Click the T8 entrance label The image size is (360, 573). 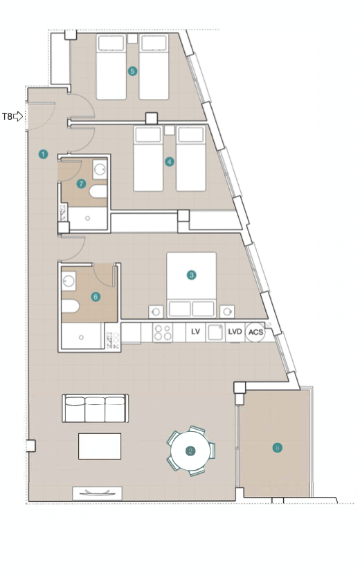pyautogui.click(x=8, y=116)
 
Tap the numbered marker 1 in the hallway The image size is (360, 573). pyautogui.click(x=43, y=154)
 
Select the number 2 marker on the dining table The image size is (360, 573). pyautogui.click(x=190, y=451)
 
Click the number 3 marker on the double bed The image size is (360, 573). pyautogui.click(x=191, y=275)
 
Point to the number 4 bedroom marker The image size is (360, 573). pyautogui.click(x=169, y=161)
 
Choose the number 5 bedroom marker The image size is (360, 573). pyautogui.click(x=132, y=71)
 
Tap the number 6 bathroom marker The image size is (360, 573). pyautogui.click(x=96, y=297)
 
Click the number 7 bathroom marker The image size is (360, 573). pyautogui.click(x=81, y=184)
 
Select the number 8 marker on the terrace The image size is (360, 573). pyautogui.click(x=278, y=448)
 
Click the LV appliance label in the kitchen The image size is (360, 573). pyautogui.click(x=195, y=331)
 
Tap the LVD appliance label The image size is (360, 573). pyautogui.click(x=235, y=331)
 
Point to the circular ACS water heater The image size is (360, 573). pyautogui.click(x=255, y=332)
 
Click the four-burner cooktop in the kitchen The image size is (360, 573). pyautogui.click(x=163, y=333)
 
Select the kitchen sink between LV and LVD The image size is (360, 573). pyautogui.click(x=215, y=333)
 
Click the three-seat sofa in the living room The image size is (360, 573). pyautogui.click(x=95, y=408)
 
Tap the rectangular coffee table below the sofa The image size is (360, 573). pyautogui.click(x=100, y=446)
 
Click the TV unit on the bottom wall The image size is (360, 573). pyautogui.click(x=97, y=493)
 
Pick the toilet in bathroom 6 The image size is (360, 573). pyautogui.click(x=70, y=307)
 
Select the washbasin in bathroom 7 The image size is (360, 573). pyautogui.click(x=100, y=169)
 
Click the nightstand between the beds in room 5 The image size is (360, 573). pyautogui.click(x=132, y=39)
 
